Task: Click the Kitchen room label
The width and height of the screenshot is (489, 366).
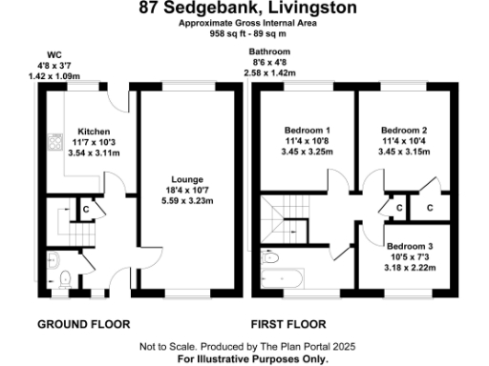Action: point(94,132)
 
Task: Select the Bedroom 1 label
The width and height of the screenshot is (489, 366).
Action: point(308,130)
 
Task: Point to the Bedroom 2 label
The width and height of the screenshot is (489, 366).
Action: point(403,130)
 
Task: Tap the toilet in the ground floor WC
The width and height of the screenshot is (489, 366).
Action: point(65,279)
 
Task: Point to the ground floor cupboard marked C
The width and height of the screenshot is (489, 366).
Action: point(85,209)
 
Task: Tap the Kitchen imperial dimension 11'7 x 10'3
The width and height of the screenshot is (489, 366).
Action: point(94,142)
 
